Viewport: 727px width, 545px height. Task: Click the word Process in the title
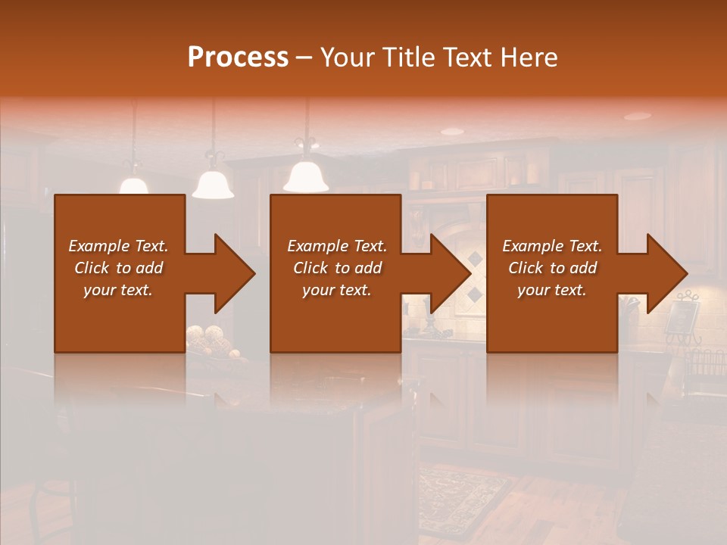click(238, 58)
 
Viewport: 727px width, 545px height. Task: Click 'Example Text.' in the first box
click(118, 246)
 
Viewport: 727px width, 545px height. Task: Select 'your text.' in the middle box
click(336, 290)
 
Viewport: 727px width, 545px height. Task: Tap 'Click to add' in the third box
click(553, 268)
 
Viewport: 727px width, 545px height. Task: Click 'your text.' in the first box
click(118, 290)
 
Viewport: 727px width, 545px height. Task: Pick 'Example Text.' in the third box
click(552, 246)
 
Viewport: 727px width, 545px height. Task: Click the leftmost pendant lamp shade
click(134, 185)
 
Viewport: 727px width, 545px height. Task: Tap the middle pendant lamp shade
click(213, 184)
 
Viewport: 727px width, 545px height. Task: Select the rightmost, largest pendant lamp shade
click(306, 176)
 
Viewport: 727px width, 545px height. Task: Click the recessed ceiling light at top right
click(637, 117)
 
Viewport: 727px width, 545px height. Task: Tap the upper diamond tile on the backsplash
click(476, 260)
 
